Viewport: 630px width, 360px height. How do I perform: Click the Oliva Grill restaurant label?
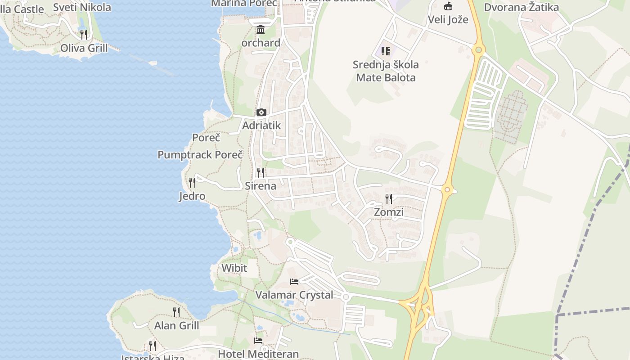[84, 48]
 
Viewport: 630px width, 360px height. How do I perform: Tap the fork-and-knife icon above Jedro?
[192, 182]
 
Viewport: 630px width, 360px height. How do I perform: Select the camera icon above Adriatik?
[261, 112]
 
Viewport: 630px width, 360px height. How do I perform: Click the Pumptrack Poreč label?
[200, 155]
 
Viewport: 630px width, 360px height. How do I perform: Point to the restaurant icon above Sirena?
[260, 172]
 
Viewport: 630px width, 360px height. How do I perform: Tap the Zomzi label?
[389, 212]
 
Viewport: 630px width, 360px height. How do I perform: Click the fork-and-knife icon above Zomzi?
[389, 198]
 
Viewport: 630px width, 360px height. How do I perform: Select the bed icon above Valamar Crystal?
[294, 282]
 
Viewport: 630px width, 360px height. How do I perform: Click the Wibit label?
[234, 268]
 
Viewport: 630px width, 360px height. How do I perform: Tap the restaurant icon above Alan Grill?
[176, 312]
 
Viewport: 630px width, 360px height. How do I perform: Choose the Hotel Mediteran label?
[258, 354]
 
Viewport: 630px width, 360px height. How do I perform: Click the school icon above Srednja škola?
[386, 51]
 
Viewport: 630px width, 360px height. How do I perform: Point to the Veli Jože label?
[448, 19]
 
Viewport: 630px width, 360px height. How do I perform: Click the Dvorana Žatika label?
[521, 7]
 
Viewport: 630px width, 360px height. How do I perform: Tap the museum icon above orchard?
[260, 30]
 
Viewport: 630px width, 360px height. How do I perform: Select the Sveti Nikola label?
[82, 7]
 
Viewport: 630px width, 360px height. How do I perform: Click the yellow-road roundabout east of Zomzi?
[447, 189]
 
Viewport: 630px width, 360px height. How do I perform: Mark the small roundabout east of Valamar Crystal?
[346, 297]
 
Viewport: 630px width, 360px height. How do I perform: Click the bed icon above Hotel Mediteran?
[258, 341]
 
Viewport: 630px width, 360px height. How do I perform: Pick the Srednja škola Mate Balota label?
[386, 71]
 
